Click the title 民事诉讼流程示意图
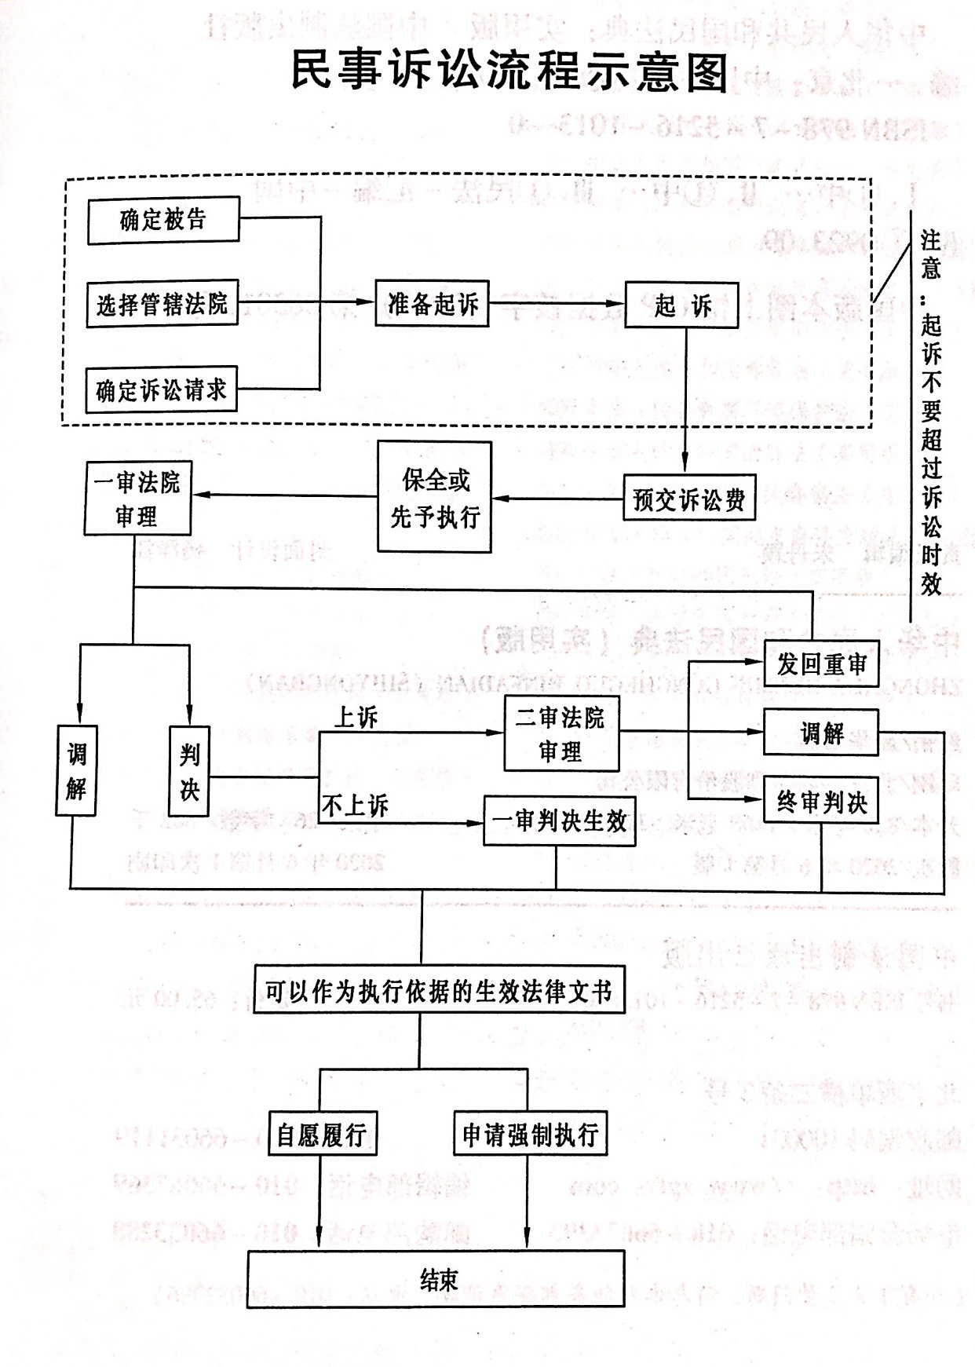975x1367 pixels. [x=509, y=73]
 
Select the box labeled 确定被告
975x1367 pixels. [x=163, y=221]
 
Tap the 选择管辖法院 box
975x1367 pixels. [x=162, y=304]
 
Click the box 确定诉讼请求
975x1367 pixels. [x=161, y=389]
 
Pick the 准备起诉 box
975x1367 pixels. [x=432, y=304]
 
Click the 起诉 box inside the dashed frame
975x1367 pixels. [x=682, y=305]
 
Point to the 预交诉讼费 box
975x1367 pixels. [x=688, y=499]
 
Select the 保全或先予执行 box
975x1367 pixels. [x=435, y=498]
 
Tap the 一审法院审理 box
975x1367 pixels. [x=137, y=499]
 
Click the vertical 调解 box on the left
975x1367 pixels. [x=76, y=771]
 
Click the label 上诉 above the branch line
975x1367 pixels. [x=356, y=717]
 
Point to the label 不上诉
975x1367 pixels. [x=356, y=806]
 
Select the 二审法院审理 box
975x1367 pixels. [x=561, y=734]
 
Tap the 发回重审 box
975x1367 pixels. [x=821, y=664]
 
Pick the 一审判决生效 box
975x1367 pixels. [x=559, y=821]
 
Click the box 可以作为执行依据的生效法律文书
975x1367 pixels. [x=439, y=992]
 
